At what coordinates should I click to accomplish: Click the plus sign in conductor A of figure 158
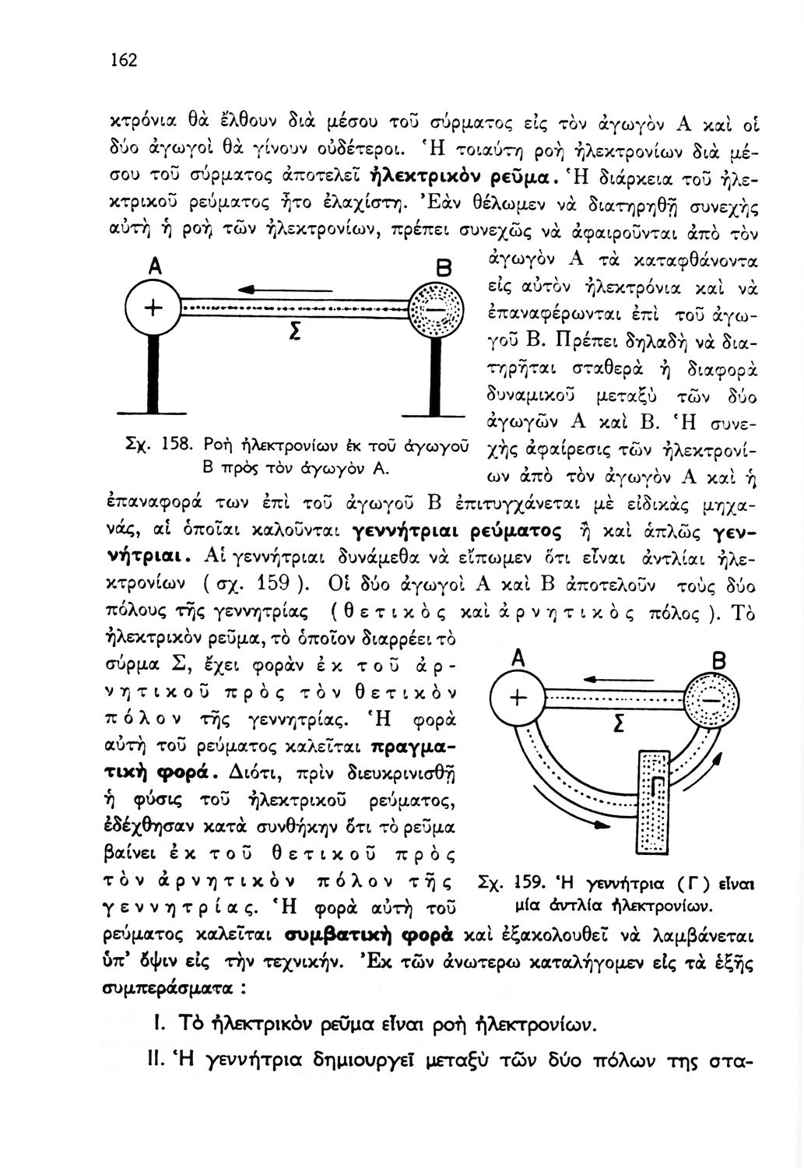(153, 308)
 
